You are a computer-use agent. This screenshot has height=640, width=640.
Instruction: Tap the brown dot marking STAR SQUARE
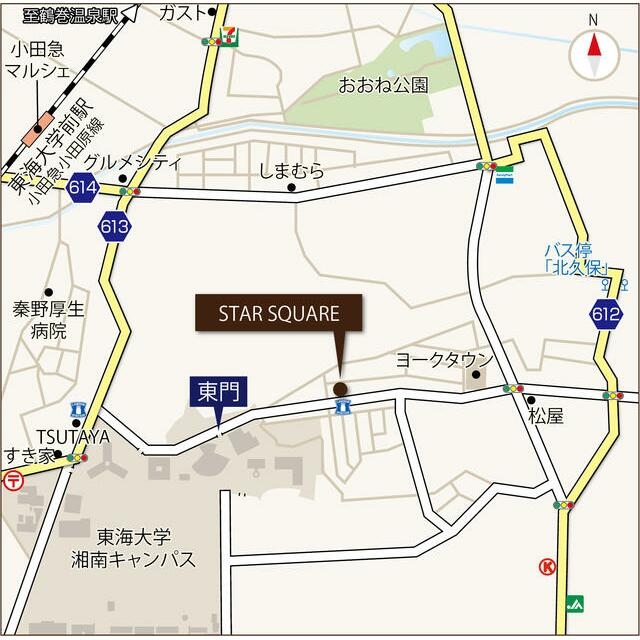(x=340, y=389)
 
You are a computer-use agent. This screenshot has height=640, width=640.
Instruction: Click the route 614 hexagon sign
(x=83, y=187)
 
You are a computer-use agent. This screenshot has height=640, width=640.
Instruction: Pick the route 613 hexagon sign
(x=114, y=227)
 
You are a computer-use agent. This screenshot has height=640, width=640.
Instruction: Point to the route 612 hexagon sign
(x=605, y=315)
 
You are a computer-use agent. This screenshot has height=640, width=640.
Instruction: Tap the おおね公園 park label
(x=383, y=85)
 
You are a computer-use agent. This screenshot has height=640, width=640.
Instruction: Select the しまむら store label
(x=291, y=171)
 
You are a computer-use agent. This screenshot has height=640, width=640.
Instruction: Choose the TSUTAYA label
(x=72, y=436)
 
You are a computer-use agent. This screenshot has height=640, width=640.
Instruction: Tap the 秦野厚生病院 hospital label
(x=48, y=319)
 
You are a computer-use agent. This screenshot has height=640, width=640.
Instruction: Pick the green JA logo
(x=574, y=603)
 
